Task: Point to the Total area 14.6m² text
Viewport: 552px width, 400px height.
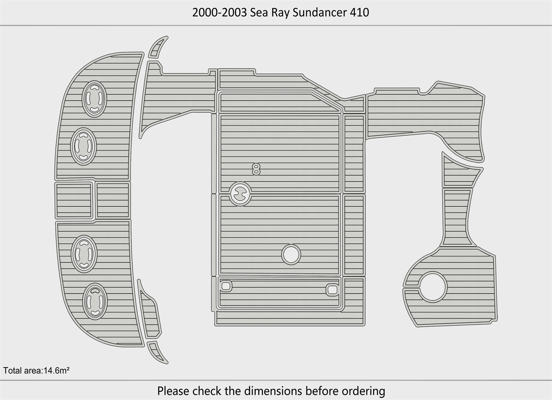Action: tap(36, 370)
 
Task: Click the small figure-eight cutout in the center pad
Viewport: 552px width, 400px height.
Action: tap(256, 169)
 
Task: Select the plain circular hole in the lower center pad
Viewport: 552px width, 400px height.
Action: tap(291, 254)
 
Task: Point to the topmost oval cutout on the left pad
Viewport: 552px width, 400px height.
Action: tap(94, 99)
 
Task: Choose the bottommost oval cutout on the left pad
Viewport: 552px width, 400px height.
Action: tap(95, 301)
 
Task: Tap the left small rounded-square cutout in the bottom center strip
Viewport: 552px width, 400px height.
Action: tap(226, 286)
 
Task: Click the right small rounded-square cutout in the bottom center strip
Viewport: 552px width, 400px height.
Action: tap(332, 290)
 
